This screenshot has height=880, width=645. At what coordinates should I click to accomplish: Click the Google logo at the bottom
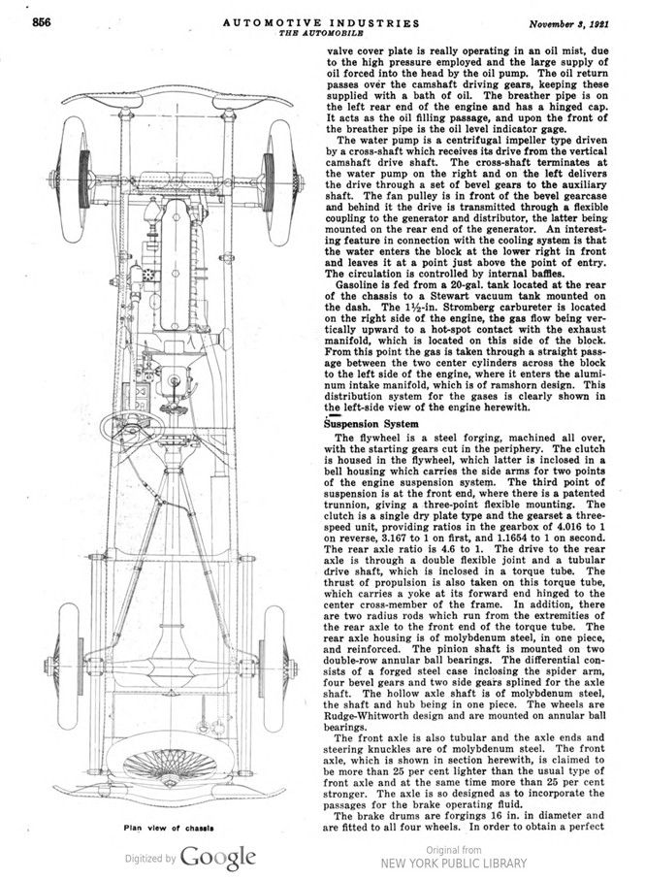pyautogui.click(x=220, y=857)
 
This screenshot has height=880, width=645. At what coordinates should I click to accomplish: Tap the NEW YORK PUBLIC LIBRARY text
pyautogui.click(x=455, y=863)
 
